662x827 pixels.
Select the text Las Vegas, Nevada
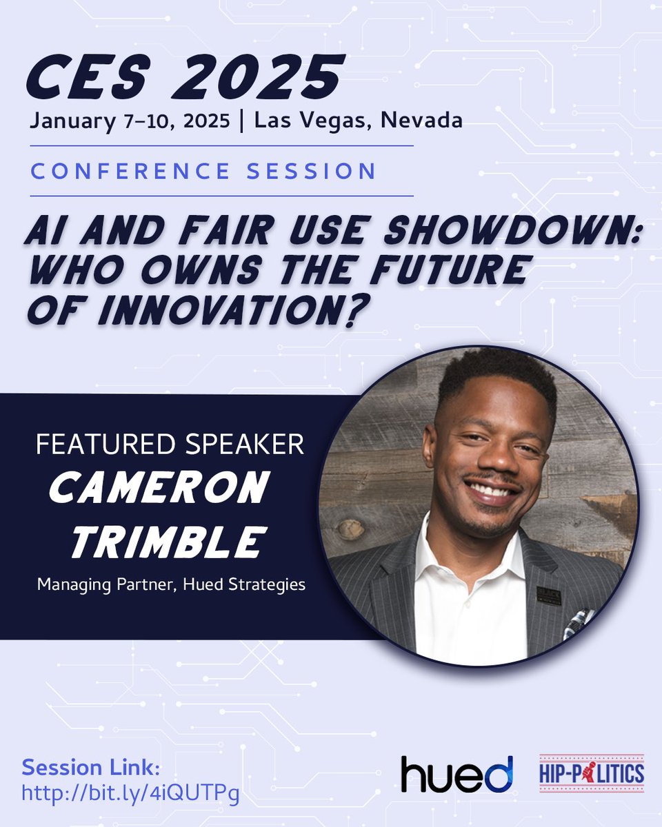point(358,121)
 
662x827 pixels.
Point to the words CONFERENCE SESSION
point(203,170)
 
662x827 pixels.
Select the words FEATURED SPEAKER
point(170,445)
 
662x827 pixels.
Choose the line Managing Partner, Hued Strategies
point(171,585)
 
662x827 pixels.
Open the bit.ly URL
point(131,793)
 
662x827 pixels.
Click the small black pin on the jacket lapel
point(549,595)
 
